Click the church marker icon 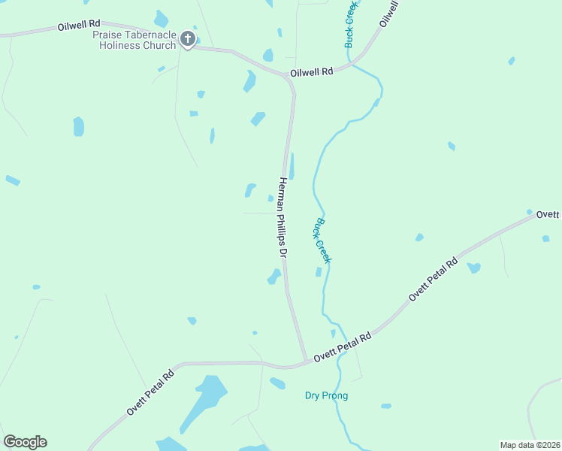point(188,40)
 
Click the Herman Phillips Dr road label point(283,219)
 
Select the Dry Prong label point(327,395)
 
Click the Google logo point(25,442)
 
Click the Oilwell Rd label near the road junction point(311,72)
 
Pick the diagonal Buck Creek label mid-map point(322,240)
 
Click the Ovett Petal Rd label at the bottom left point(150,392)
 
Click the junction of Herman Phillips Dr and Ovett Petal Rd point(305,362)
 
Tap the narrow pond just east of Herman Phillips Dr point(292,165)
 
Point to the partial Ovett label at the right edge point(548,215)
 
